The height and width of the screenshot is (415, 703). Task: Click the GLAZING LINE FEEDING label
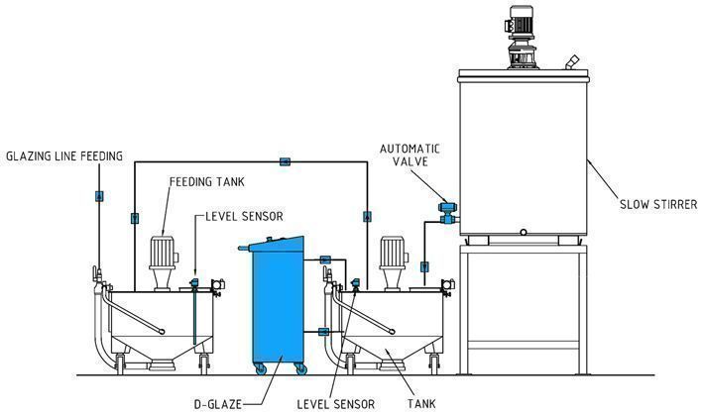click(x=64, y=156)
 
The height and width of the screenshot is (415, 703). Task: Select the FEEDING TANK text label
click(x=206, y=183)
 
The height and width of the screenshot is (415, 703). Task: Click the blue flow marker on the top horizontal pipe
click(x=285, y=160)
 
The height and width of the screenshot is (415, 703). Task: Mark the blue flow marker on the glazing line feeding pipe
click(x=98, y=196)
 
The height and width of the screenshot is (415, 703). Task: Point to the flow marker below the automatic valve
click(x=424, y=265)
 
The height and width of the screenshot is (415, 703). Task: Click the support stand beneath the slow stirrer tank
click(x=522, y=307)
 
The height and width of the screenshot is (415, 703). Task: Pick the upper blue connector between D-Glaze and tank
click(x=324, y=260)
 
